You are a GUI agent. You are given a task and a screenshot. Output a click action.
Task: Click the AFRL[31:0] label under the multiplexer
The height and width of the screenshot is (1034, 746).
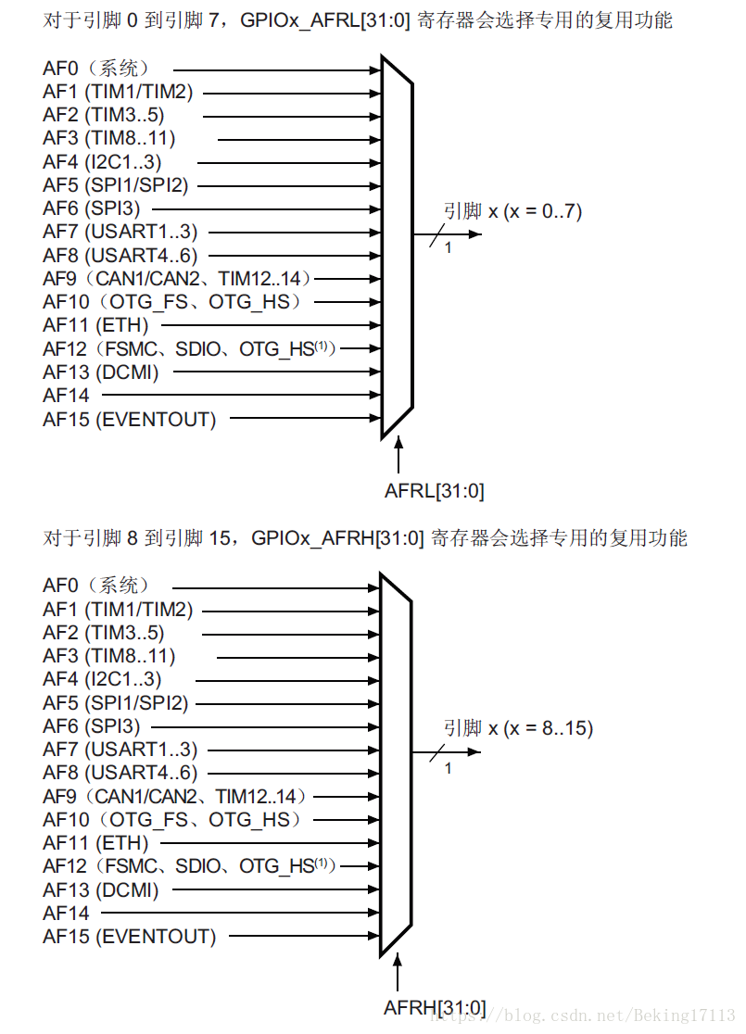click(434, 491)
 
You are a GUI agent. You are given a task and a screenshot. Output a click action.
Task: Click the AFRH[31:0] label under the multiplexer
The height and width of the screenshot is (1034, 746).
click(435, 1007)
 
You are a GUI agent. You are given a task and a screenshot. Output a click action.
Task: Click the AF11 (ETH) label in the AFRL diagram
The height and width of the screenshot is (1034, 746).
click(95, 325)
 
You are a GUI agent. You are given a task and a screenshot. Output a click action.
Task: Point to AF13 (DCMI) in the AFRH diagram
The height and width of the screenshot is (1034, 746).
click(101, 889)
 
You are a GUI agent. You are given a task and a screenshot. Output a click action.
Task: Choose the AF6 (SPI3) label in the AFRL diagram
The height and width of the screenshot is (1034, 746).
click(92, 208)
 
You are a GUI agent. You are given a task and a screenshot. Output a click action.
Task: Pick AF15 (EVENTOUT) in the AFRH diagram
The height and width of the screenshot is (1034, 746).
click(129, 937)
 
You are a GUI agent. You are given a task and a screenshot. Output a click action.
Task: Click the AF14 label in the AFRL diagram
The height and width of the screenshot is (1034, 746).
click(66, 396)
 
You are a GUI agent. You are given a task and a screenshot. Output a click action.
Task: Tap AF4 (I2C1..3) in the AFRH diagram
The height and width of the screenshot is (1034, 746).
click(102, 679)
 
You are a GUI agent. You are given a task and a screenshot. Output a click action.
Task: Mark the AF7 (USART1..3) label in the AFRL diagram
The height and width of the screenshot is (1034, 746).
click(120, 232)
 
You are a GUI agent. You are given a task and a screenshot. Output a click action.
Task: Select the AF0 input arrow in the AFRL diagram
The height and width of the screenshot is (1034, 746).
click(278, 69)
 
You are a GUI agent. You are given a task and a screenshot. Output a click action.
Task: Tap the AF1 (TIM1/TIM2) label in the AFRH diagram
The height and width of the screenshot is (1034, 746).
click(118, 610)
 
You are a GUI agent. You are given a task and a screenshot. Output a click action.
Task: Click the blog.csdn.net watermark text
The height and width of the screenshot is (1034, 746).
click(593, 1015)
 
